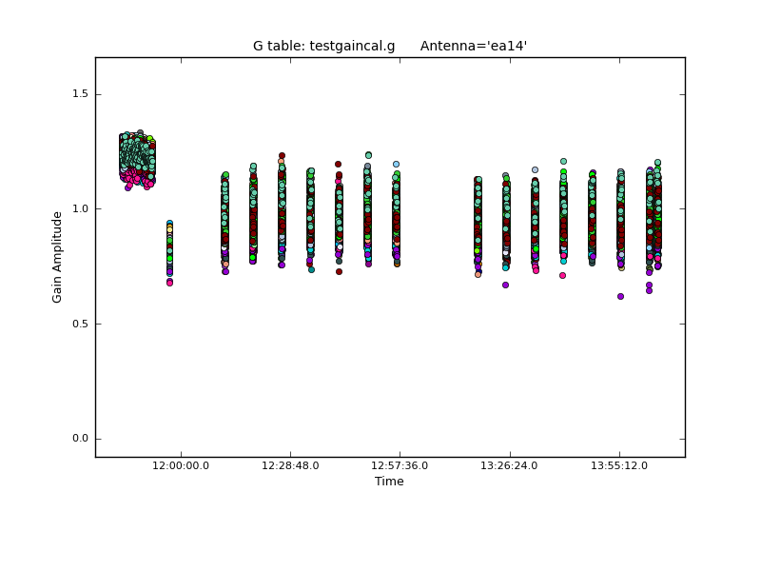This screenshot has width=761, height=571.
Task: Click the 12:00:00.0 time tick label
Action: pos(181,465)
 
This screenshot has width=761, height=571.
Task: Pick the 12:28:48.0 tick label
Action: pos(290,465)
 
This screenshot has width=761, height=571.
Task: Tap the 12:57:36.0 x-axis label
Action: pos(400,465)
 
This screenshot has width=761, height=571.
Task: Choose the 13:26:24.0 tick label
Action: pos(510,465)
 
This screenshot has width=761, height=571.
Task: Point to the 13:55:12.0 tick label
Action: pos(619,465)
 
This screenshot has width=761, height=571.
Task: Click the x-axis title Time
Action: pos(389,482)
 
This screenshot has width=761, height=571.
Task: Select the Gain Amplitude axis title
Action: pos(57,257)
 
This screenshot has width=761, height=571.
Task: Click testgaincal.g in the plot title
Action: pos(352,46)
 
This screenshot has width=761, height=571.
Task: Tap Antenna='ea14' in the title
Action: pos(474,46)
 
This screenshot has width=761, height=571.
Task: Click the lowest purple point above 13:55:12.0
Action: pos(620,296)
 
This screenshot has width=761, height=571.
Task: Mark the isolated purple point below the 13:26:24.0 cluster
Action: pos(505,285)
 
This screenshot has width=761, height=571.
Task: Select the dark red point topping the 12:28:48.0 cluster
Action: pos(282,155)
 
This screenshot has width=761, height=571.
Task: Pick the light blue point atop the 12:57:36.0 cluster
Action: pos(396,164)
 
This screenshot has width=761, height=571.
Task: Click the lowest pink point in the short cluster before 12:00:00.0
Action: pos(169,283)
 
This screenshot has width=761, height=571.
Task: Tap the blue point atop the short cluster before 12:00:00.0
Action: pos(169,223)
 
